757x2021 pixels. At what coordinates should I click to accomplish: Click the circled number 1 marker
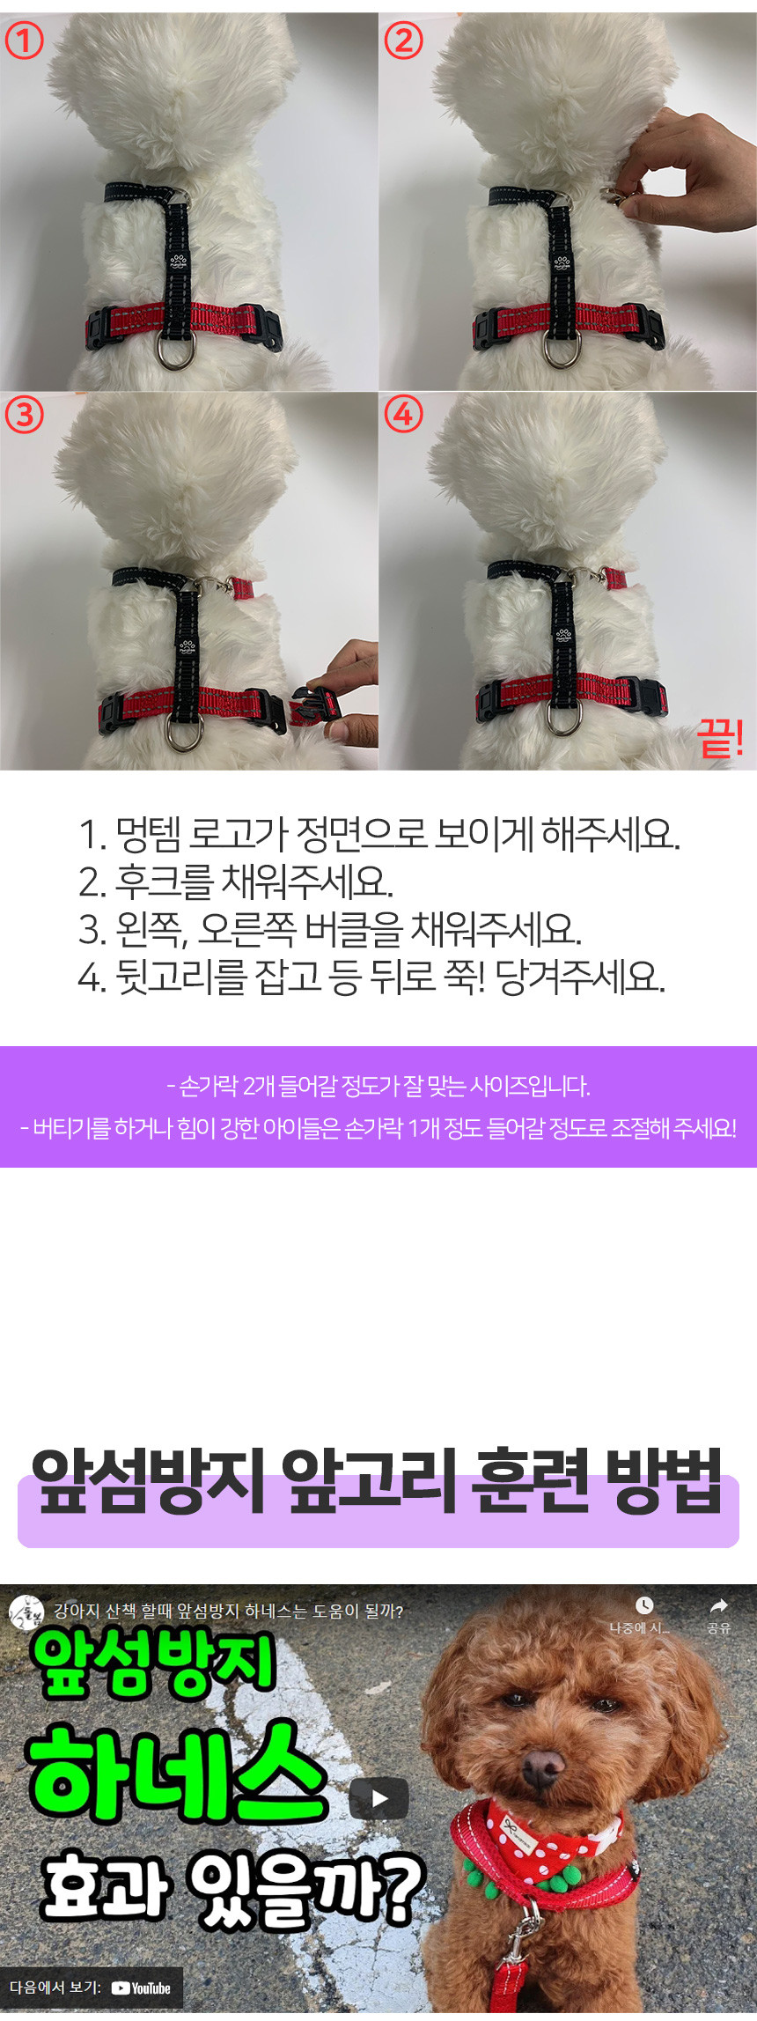click(x=24, y=41)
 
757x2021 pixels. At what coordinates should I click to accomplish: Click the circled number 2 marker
click(x=403, y=41)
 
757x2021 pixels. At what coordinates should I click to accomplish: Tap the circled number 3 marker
click(x=24, y=415)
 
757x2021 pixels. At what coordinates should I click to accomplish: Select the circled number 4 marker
click(x=403, y=415)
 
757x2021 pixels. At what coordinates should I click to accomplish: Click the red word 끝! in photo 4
click(x=721, y=738)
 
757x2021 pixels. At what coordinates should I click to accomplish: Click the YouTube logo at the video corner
click(x=141, y=1988)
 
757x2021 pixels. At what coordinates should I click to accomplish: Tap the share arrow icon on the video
click(x=719, y=1604)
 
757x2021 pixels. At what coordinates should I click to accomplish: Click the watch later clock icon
click(x=644, y=1604)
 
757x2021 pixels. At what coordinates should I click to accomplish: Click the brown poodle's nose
click(x=543, y=1761)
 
